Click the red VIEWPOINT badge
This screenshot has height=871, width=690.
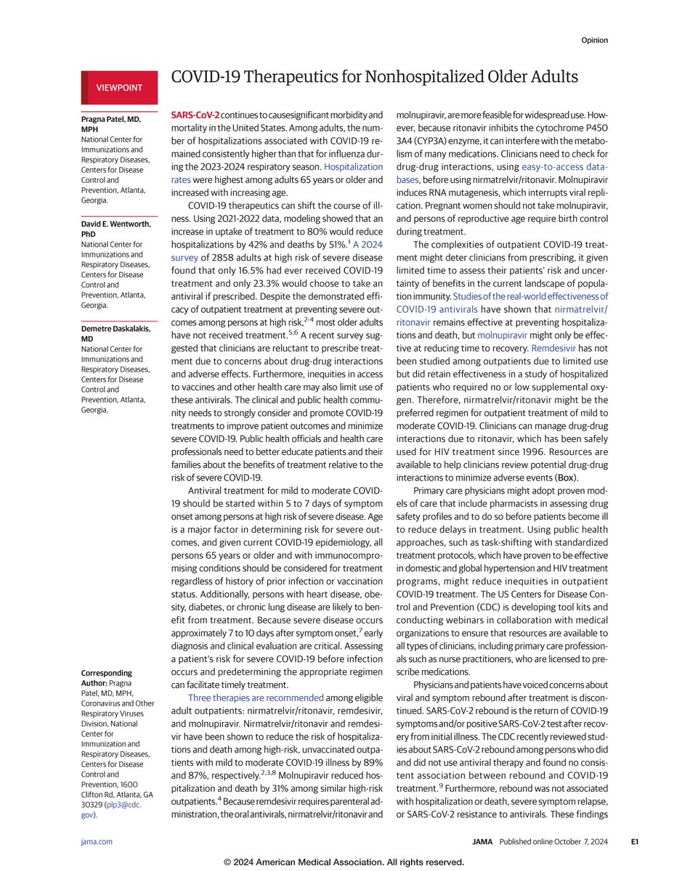119,87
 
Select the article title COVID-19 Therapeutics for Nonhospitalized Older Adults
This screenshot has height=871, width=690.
373,78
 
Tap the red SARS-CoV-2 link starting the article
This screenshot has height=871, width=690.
194,115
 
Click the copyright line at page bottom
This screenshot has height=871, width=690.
344,862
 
